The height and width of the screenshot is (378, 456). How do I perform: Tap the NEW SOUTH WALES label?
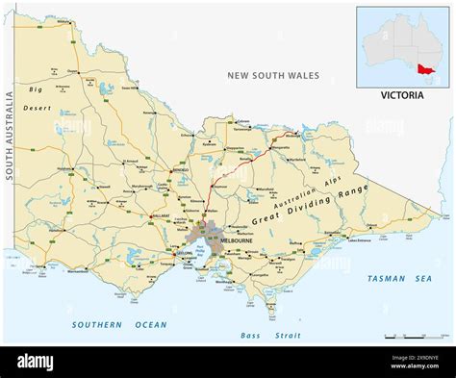[x=274, y=75]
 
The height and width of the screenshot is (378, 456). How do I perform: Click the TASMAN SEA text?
[x=398, y=278]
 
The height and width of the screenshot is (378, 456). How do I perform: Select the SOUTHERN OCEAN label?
[x=111, y=324]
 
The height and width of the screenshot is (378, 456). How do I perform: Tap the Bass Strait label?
[x=270, y=336]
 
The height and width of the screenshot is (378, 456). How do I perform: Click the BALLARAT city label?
[x=157, y=215]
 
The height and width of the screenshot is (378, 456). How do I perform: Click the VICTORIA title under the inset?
[x=401, y=96]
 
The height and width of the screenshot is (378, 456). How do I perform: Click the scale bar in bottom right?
[x=413, y=338]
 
